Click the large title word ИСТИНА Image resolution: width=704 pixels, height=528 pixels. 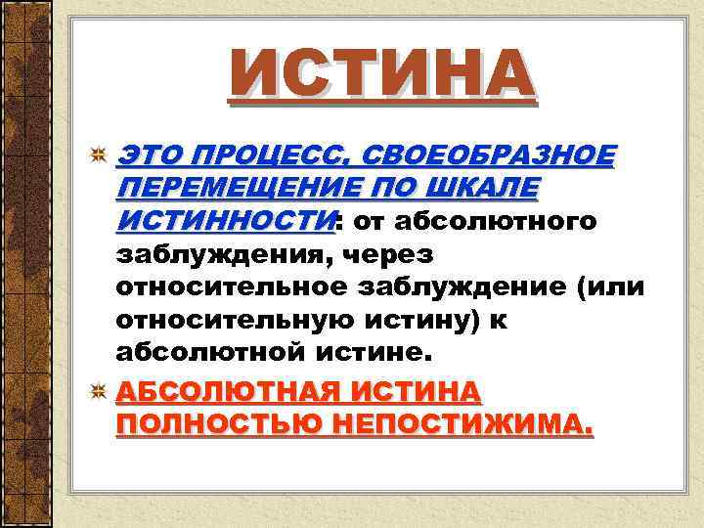click(381, 76)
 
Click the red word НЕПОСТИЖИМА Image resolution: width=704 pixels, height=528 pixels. click(454, 424)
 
